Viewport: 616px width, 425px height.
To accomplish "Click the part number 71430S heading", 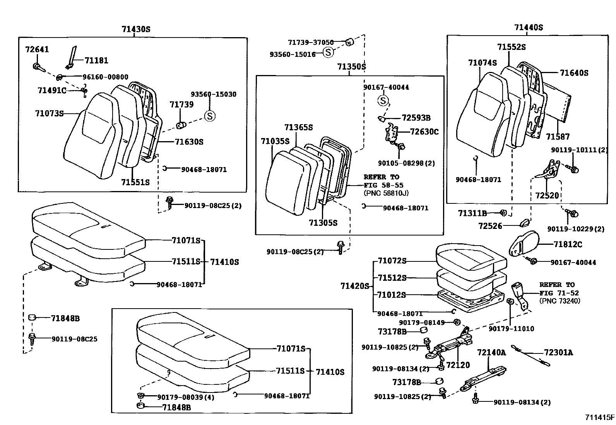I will click(x=135, y=29).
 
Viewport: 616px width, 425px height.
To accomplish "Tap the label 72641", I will click(x=37, y=49).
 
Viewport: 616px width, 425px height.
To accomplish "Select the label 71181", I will click(x=96, y=60).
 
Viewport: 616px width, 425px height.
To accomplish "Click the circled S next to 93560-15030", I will click(x=210, y=116).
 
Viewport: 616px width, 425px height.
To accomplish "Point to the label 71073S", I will click(x=49, y=113).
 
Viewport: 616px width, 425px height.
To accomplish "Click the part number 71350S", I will click(x=351, y=67).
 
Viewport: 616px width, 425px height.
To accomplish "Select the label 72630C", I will click(x=424, y=132).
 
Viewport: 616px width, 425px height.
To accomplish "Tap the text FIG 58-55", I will click(x=383, y=185).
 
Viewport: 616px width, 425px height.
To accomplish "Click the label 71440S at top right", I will click(x=529, y=27).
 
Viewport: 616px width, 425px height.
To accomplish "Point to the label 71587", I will click(x=558, y=137).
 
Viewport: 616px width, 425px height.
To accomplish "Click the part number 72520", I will click(x=547, y=196).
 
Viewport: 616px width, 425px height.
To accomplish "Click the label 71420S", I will click(x=355, y=286).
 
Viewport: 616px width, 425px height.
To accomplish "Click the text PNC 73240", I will click(x=560, y=301).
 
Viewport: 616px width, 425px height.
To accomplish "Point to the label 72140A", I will click(x=491, y=352).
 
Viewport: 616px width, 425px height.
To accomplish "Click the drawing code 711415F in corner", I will click(x=599, y=417).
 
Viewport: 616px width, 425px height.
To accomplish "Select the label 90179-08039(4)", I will click(x=186, y=397).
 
